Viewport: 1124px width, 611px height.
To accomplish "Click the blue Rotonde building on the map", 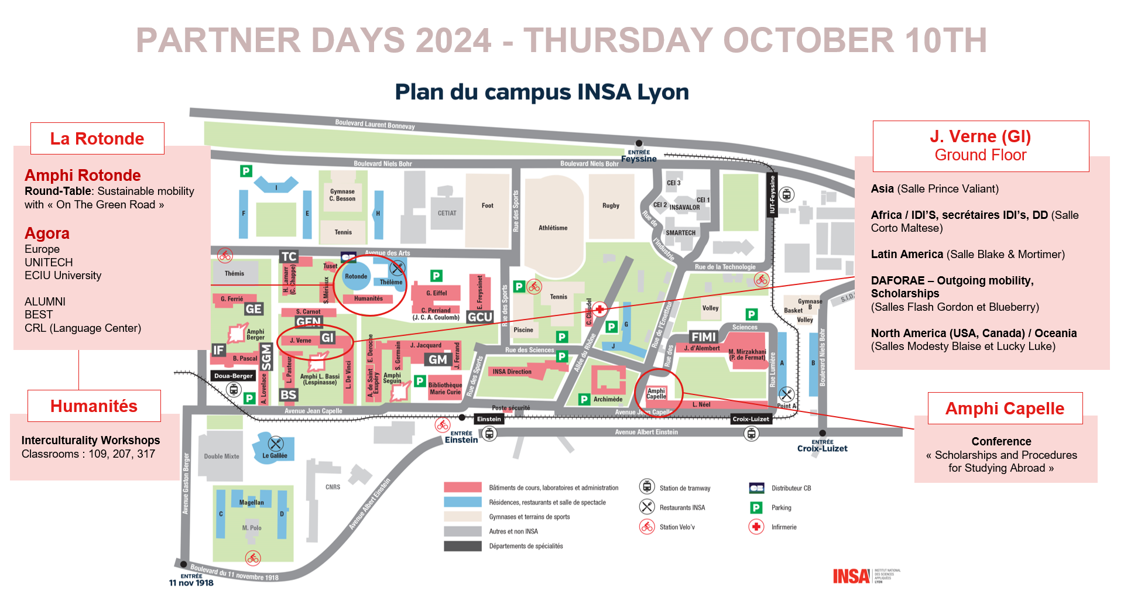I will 356,276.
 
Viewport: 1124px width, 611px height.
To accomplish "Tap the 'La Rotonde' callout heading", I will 97,139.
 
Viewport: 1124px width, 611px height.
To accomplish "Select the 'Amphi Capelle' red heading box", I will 1005,409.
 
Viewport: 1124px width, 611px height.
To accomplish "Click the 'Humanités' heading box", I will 94,406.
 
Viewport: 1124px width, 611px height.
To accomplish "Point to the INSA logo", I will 851,576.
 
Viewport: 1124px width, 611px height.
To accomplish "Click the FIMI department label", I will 703,337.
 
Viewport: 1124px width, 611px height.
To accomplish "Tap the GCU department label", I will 480,317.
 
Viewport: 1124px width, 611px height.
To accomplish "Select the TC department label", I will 289,256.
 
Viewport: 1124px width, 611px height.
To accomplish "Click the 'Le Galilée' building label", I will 275,455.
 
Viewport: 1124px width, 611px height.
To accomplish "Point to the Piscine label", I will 523,329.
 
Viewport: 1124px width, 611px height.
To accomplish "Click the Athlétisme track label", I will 553,228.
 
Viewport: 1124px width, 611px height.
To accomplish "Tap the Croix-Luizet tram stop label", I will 751,419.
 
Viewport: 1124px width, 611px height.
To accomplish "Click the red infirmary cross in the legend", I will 756,527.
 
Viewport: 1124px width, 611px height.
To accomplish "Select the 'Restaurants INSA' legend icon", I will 647,507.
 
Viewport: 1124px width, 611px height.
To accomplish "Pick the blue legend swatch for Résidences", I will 462,502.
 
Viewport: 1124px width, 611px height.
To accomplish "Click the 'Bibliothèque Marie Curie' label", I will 445,389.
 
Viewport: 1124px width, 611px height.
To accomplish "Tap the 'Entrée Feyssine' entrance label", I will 639,156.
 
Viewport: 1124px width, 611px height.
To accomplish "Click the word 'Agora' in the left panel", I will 47,233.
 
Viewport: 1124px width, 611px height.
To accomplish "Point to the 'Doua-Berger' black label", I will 234,376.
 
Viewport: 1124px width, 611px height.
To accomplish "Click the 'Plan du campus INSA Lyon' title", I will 542,92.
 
